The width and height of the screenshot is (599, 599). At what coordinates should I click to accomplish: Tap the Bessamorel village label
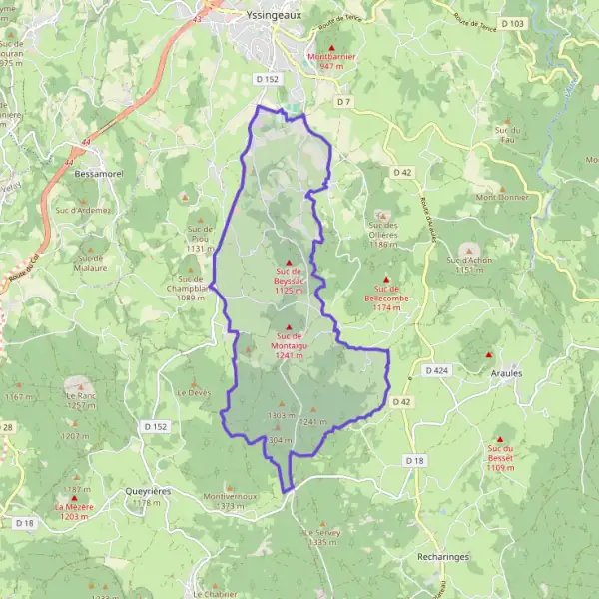tap(97, 173)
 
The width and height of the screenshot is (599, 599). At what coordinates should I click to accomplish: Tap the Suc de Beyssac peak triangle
tap(289, 263)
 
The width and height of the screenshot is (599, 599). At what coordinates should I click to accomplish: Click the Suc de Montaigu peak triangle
tap(290, 328)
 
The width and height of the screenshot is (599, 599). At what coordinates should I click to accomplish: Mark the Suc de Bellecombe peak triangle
tap(386, 279)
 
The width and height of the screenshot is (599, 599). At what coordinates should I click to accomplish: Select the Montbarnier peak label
tap(331, 57)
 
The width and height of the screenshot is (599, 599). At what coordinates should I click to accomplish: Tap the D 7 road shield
tap(345, 102)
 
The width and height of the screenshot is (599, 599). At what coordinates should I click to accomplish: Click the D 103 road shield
tap(513, 23)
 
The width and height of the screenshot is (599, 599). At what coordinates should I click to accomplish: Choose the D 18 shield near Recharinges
tap(415, 459)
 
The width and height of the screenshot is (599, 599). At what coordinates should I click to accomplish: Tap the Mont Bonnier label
tap(499, 197)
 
